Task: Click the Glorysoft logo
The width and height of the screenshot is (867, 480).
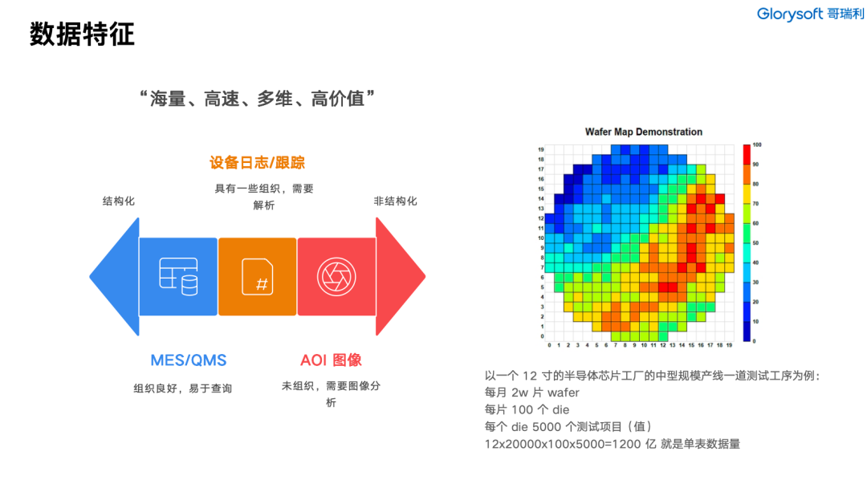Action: point(811,14)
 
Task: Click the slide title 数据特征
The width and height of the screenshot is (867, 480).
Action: point(83,35)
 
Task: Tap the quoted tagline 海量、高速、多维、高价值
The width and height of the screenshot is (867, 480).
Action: point(258,99)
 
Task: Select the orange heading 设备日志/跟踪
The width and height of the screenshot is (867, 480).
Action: point(257,163)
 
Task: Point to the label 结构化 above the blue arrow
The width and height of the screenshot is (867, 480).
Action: point(118,201)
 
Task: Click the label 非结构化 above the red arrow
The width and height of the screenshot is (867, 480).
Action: point(395,201)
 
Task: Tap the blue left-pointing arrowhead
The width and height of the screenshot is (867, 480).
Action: point(115,276)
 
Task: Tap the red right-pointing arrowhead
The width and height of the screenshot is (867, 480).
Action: point(401,276)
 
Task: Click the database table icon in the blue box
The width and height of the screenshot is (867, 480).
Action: point(178,276)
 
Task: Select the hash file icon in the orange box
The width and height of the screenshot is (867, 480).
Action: point(258,276)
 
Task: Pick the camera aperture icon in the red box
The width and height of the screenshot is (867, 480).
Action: point(336,276)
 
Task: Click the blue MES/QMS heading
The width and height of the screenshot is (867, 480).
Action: point(189,360)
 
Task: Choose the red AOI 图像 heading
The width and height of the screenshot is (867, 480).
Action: point(331,360)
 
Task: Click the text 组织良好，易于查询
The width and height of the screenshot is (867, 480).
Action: point(183,388)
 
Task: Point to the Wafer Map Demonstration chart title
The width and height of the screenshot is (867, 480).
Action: point(644,132)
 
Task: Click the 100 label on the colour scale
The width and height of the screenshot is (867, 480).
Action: point(757,145)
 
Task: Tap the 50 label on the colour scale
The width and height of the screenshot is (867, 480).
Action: point(756,242)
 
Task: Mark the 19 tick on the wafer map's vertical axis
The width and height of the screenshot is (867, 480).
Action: point(541,150)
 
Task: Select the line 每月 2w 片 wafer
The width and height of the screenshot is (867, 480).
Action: point(532,393)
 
